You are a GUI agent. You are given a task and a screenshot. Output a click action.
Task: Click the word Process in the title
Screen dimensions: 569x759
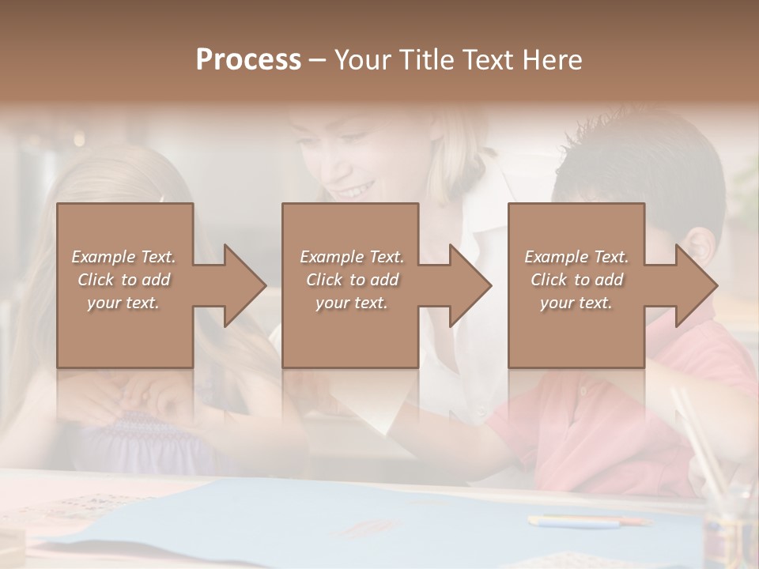248,60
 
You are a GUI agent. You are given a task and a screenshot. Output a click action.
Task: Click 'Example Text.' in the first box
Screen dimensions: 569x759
124,257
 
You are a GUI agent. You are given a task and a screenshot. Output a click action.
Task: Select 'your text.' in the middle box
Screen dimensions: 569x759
352,303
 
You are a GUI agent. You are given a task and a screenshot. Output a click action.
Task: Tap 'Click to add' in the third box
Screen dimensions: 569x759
576,280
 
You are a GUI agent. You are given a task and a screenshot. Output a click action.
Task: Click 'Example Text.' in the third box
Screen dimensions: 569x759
576,257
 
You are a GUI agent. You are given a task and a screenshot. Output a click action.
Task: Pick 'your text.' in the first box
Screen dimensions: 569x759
124,303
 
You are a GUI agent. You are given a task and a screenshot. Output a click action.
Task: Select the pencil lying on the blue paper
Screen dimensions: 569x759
585,521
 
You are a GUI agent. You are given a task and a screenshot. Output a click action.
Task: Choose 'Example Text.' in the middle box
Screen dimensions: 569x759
352,257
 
